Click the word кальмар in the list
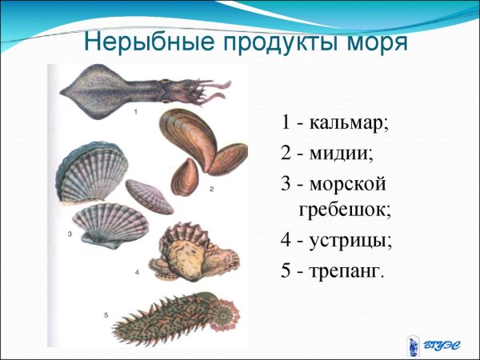click(x=346, y=124)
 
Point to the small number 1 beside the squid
click(x=135, y=112)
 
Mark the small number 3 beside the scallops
click(x=70, y=234)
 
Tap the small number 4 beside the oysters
click(x=138, y=273)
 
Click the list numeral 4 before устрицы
click(x=286, y=240)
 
